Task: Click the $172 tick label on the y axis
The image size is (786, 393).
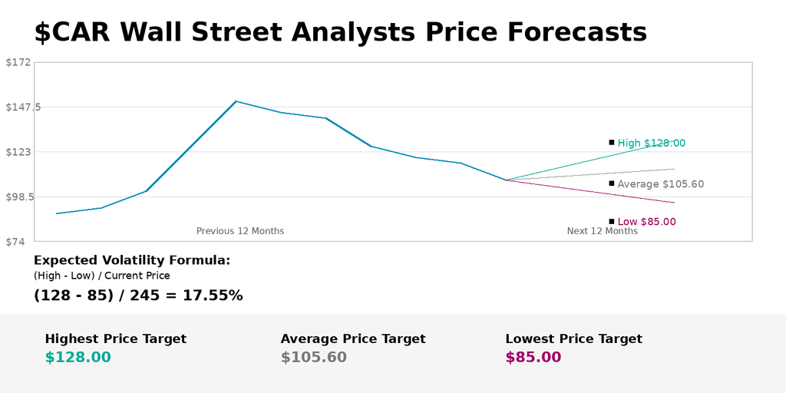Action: [18, 62]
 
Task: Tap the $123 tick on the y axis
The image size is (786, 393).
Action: [18, 152]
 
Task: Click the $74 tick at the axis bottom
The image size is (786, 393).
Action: [18, 242]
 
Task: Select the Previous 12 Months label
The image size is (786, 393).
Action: [240, 231]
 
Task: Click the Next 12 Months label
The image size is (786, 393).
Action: [603, 231]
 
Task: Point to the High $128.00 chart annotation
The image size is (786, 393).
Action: [652, 143]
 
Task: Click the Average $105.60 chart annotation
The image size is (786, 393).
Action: [661, 184]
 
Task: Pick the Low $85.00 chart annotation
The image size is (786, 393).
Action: [647, 222]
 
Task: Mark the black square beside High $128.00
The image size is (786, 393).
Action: [612, 142]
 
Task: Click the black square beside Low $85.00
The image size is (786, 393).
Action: [612, 221]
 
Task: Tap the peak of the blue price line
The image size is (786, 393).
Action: [236, 101]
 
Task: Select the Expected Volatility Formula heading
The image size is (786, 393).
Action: [132, 260]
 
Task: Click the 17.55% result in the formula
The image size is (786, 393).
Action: [213, 296]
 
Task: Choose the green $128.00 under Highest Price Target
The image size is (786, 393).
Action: [78, 357]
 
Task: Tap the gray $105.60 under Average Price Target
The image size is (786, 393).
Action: [313, 357]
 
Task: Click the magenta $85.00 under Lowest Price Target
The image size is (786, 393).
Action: [533, 357]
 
